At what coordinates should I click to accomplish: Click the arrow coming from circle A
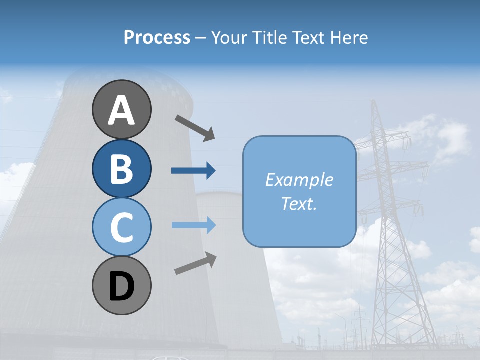coord(195,127)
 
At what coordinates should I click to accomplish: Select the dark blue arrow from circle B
coord(193,171)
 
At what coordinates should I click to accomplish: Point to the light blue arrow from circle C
coord(193,225)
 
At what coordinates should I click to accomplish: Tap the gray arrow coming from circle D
coord(195,263)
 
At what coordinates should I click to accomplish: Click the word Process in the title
coord(157,38)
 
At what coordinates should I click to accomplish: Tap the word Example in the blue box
coord(299,180)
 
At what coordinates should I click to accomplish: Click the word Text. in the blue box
coord(299,203)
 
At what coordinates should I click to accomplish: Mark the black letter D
coord(121,286)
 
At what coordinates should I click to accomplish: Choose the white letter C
coord(121,227)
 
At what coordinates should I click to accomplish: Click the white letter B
coord(121,168)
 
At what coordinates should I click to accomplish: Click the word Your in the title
coord(228,38)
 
